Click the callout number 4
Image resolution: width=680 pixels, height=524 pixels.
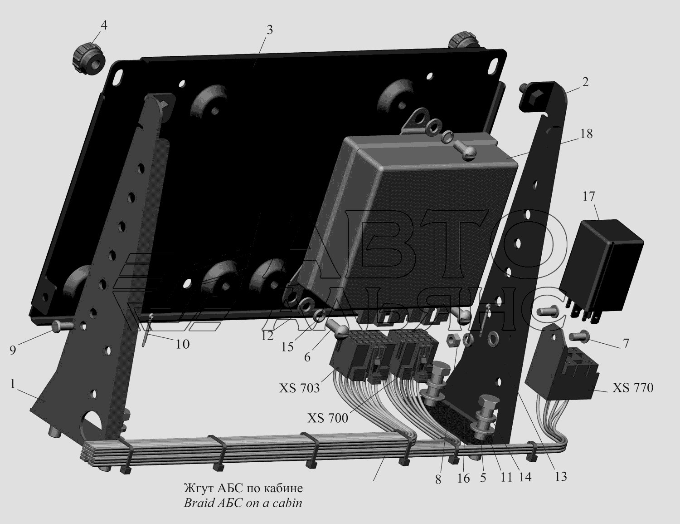(x=103, y=25)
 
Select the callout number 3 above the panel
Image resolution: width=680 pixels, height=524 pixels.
(x=269, y=30)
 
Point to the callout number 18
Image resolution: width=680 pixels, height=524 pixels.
(x=586, y=134)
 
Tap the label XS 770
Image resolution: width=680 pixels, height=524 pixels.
(x=633, y=388)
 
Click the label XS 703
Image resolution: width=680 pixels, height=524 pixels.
(x=300, y=388)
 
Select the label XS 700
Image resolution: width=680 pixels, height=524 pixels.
(x=328, y=418)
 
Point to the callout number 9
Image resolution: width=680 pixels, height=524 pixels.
(x=13, y=350)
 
